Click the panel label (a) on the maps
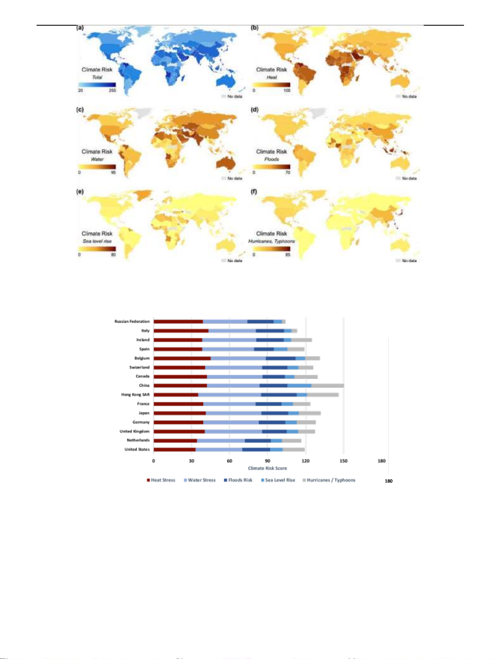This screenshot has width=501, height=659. [80, 28]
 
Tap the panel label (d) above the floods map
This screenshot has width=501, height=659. [254, 110]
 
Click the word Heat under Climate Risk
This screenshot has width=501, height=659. [272, 77]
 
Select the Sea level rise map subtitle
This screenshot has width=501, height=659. [97, 241]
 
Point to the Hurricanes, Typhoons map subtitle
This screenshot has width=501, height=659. [272, 241]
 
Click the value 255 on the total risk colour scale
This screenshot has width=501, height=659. [112, 90]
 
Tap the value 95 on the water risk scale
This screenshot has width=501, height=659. [113, 173]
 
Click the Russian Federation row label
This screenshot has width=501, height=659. [132, 322]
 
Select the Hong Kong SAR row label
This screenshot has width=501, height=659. [135, 395]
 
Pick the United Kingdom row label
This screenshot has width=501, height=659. [134, 431]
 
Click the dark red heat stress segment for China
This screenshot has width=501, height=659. [180, 385]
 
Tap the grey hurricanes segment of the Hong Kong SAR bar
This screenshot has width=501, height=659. [322, 395]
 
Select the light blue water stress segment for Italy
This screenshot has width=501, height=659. [232, 331]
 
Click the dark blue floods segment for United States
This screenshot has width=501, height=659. [256, 449]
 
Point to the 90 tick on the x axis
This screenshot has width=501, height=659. [268, 461]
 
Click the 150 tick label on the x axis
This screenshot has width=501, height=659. [343, 461]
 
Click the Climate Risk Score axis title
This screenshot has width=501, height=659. [267, 468]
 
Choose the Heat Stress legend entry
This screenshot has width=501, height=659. [161, 480]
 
